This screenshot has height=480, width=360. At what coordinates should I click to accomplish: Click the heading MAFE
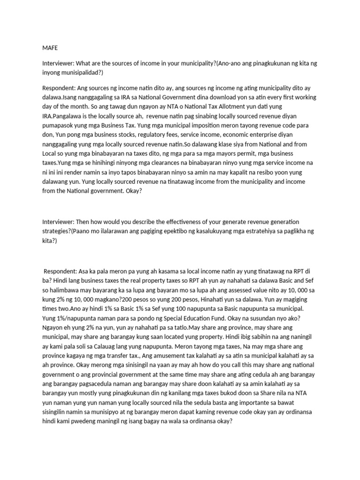click(x=51, y=47)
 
